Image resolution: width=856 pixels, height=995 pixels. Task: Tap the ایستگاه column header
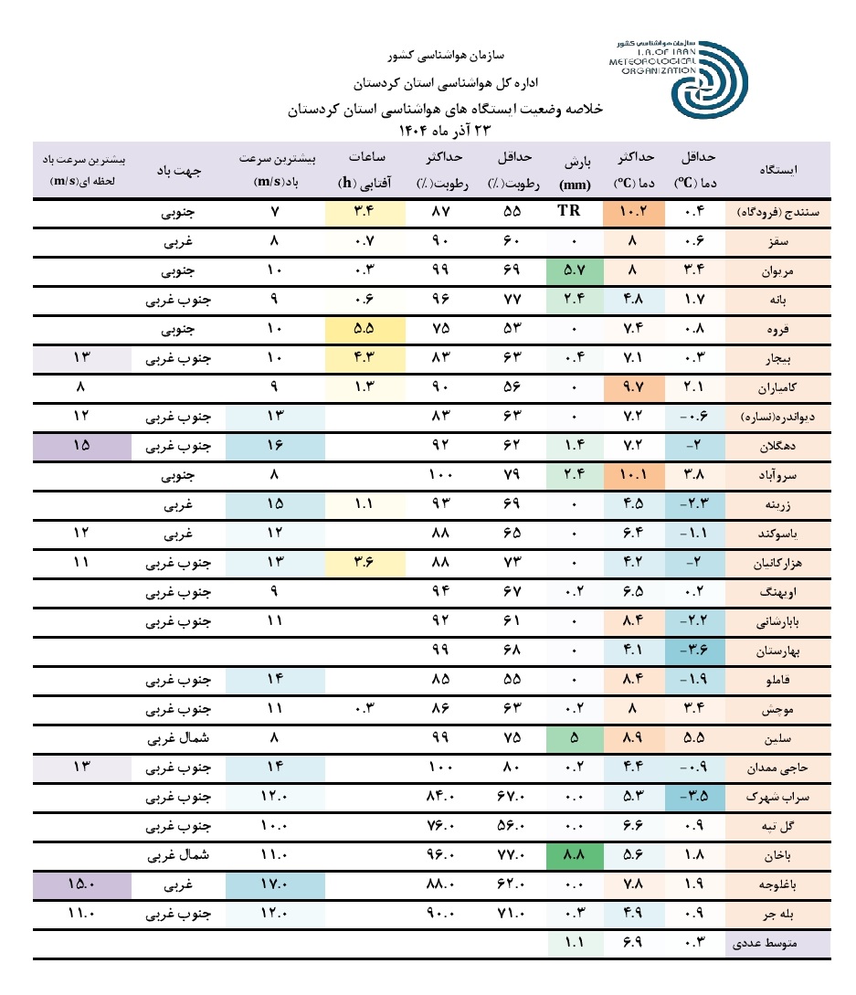point(784,169)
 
